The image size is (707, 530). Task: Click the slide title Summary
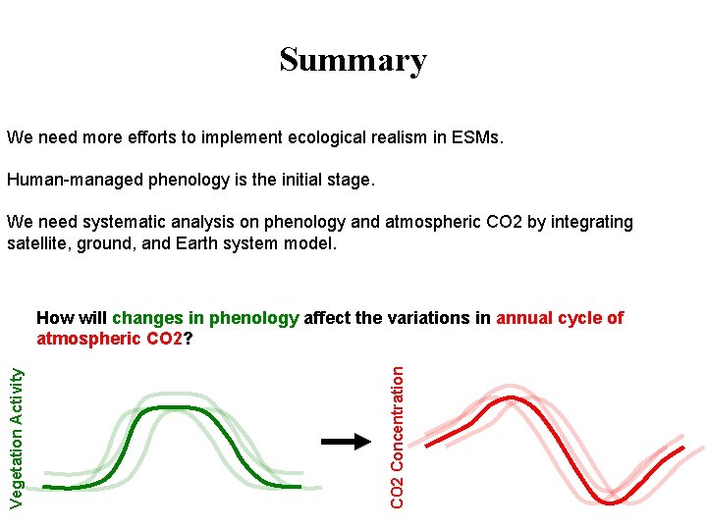353,60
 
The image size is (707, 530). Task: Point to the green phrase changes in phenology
205,318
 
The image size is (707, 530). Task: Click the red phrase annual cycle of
560,318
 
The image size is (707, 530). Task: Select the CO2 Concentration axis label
397,437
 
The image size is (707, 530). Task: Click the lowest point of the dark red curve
611,503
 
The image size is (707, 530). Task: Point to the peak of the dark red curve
508,397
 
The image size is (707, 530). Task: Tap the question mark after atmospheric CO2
188,340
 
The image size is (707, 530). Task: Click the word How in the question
54,318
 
